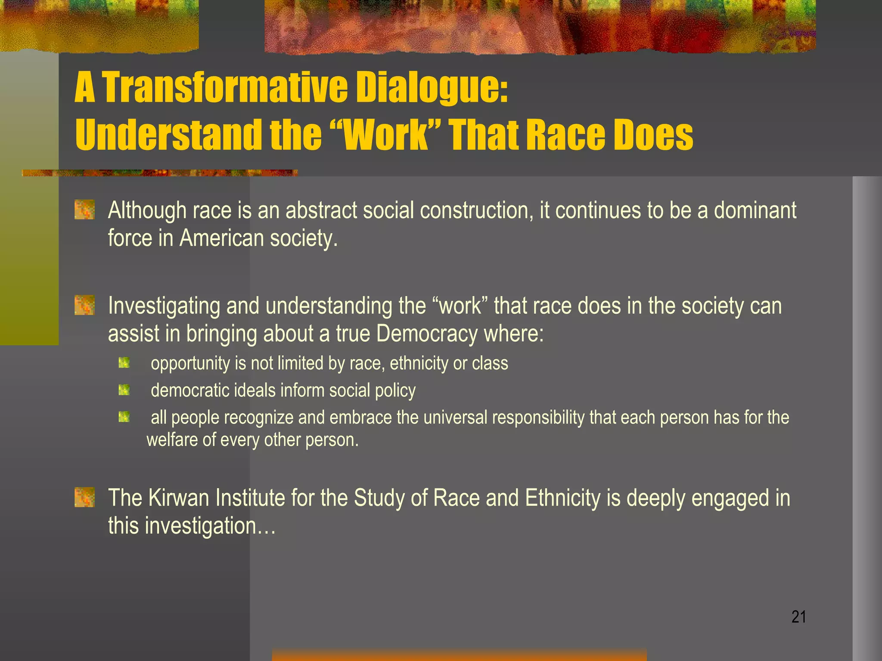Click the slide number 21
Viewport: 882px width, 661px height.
pos(798,617)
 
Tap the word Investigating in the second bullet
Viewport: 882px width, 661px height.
pos(164,306)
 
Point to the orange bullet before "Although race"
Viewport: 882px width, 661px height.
pos(84,210)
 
